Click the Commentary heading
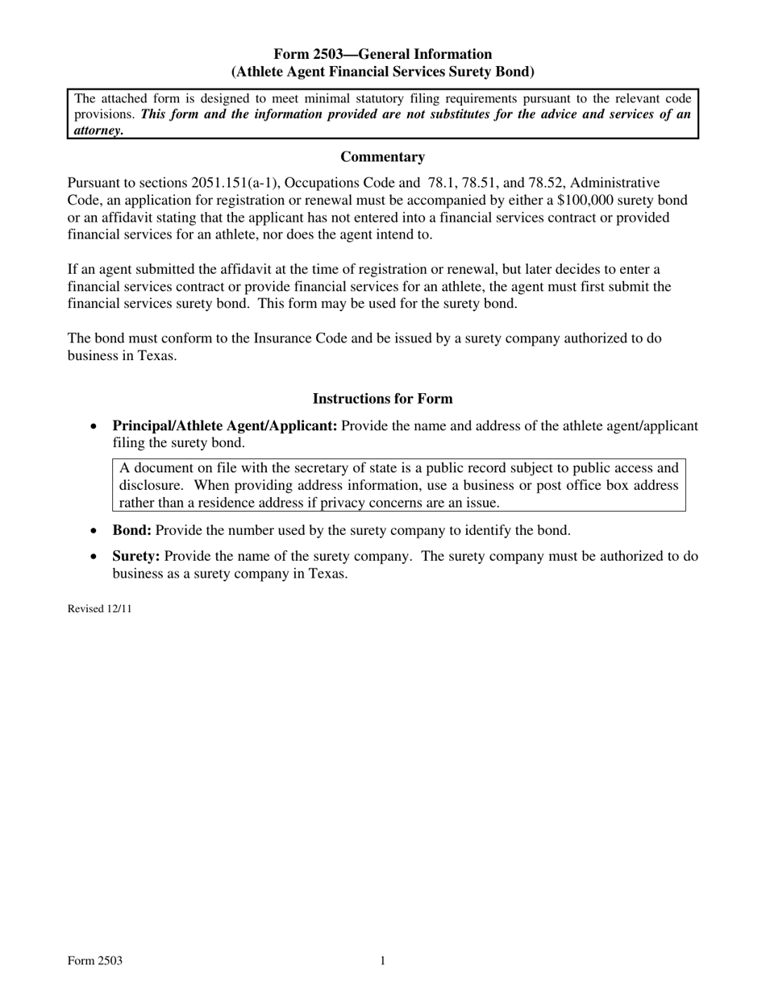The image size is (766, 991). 382,157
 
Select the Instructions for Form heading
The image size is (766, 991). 382,399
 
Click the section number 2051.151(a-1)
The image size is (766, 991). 241,184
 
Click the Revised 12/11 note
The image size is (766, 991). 99,609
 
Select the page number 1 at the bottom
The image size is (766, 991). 383,960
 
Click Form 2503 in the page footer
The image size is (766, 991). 95,960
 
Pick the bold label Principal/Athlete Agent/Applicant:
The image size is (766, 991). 225,426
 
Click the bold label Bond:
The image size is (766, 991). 131,530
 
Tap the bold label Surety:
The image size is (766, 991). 136,556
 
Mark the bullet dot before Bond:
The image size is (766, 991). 95,531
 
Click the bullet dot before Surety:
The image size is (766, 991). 95,557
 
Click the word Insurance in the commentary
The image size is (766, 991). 281,338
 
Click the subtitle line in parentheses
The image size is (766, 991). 382,72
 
